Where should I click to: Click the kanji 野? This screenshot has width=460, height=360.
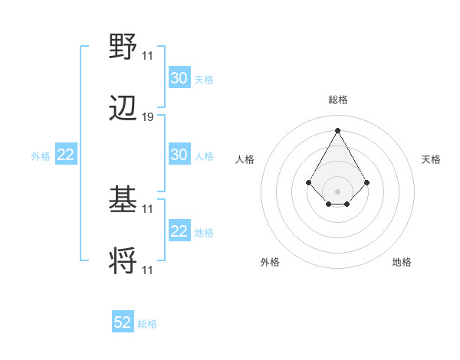tap(123, 46)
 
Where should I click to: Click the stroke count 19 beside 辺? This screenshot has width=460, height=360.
tap(148, 117)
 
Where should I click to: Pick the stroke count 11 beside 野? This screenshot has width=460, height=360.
tap(148, 55)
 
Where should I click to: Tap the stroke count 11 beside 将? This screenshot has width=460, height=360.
tap(148, 270)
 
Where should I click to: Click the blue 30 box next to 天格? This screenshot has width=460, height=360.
tap(179, 78)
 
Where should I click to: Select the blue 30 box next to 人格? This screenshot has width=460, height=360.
tap(179, 155)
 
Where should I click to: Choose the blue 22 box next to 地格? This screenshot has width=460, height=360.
tap(179, 231)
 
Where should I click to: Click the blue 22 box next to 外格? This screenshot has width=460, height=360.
tap(65, 155)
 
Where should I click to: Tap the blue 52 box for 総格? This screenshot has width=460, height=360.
tap(123, 322)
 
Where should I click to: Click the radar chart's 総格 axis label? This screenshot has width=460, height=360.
tap(338, 100)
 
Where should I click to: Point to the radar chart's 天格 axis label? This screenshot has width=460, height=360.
tap(432, 159)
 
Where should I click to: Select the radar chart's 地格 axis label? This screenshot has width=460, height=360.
tap(402, 262)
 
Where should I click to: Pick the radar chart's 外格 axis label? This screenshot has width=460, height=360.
tap(270, 262)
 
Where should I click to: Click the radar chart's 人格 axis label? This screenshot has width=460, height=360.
tap(245, 159)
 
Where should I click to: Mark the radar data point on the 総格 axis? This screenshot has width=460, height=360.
tap(337, 130)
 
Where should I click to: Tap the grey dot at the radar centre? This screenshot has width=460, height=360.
tap(337, 191)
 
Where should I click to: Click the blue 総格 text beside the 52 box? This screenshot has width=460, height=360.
tap(147, 324)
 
